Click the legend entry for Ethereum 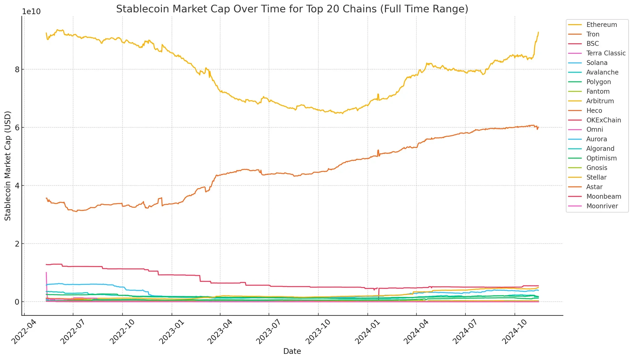601,25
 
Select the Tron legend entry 593,34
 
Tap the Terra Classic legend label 606,53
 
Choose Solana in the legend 597,63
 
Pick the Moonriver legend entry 602,206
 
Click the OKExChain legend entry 603,120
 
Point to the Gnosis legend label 597,168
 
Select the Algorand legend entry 600,149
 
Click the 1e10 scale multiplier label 31,12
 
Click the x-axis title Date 292,351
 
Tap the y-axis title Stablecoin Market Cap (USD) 8,166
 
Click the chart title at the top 292,9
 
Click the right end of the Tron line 538,127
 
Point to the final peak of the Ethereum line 538,32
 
